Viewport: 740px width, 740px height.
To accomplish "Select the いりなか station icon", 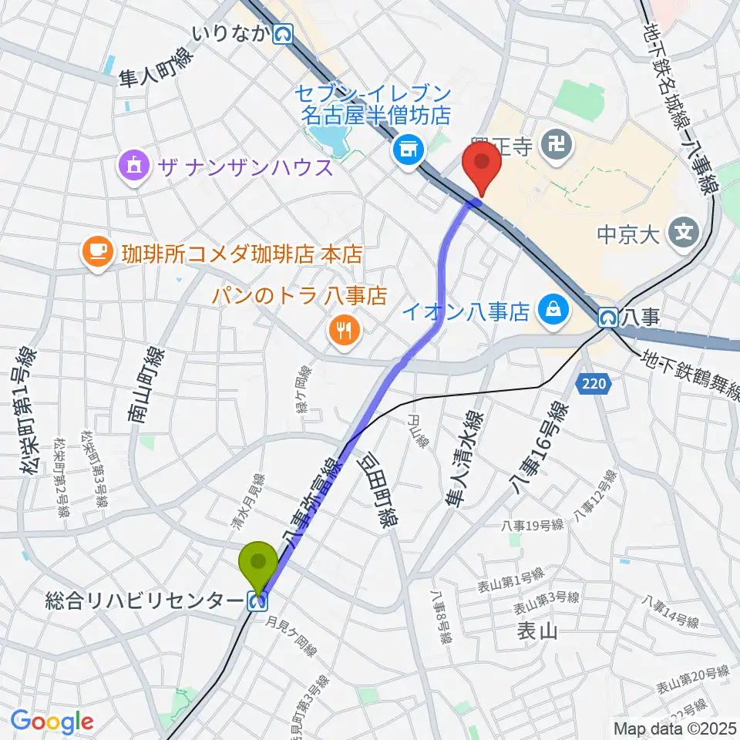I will [284, 33].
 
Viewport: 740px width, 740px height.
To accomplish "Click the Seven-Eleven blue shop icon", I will [406, 150].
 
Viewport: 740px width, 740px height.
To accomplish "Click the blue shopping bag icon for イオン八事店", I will [553, 311].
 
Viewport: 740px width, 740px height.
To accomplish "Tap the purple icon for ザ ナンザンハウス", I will [134, 166].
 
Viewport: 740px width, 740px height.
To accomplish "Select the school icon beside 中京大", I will [683, 230].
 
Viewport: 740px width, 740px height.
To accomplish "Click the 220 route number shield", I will [593, 382].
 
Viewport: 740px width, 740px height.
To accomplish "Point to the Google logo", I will [52, 721].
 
